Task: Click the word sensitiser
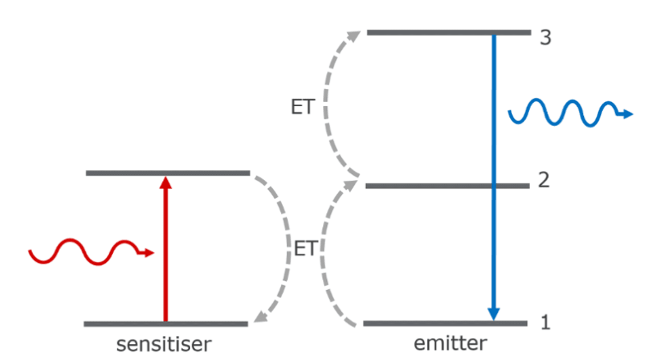click(x=164, y=344)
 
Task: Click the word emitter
click(x=450, y=343)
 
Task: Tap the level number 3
click(x=545, y=38)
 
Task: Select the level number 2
click(x=544, y=180)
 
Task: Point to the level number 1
click(x=545, y=322)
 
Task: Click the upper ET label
click(x=303, y=107)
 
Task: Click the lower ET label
click(x=305, y=248)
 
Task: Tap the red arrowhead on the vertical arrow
click(x=165, y=183)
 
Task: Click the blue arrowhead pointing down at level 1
click(x=493, y=314)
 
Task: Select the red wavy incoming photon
click(x=83, y=251)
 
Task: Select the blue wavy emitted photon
click(x=564, y=112)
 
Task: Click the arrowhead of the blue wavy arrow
click(x=627, y=114)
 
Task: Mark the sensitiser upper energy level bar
click(x=168, y=173)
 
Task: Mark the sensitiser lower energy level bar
click(x=166, y=324)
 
